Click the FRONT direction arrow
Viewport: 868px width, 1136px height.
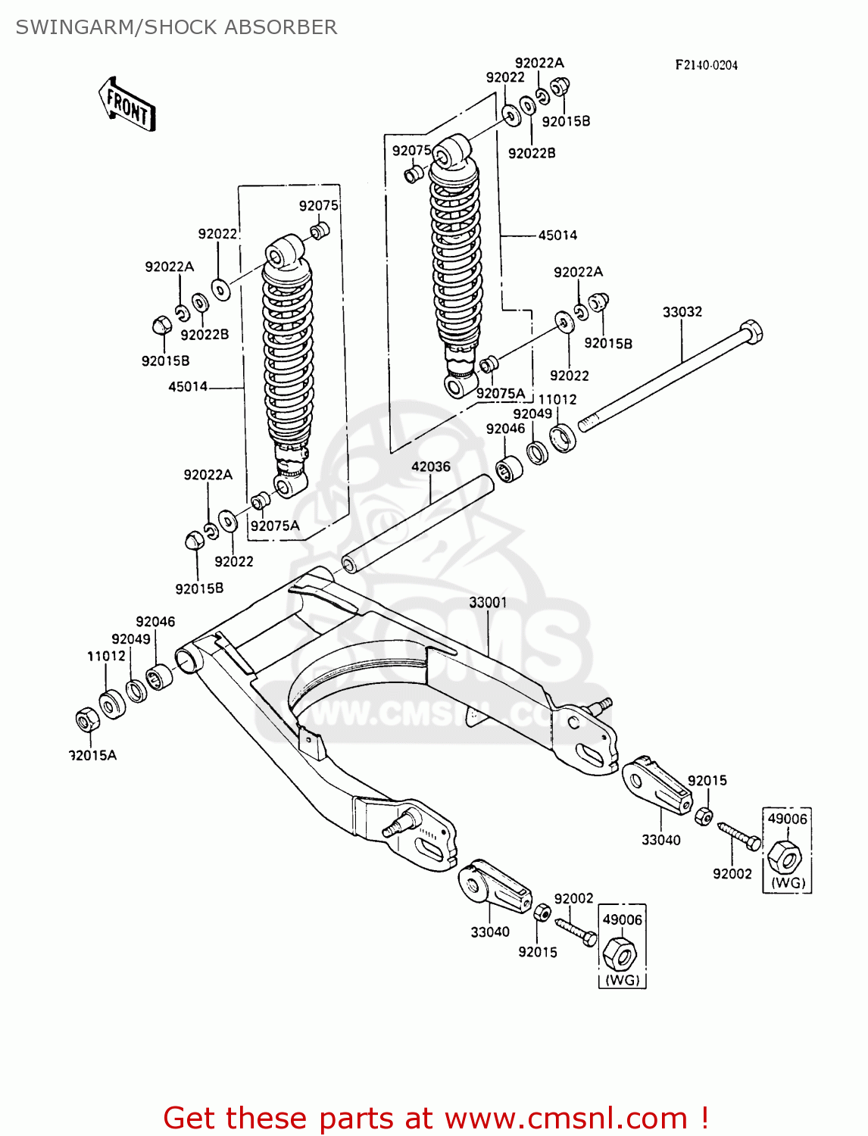[x=127, y=107]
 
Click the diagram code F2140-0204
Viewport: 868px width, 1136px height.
[x=706, y=65]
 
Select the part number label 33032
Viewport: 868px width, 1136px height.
[x=682, y=311]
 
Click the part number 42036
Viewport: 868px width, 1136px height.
[x=430, y=467]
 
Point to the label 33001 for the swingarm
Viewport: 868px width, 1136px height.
[x=488, y=602]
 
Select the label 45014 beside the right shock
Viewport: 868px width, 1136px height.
[x=557, y=235]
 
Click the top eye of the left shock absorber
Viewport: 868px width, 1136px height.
[x=282, y=252]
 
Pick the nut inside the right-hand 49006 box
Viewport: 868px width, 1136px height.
[x=785, y=857]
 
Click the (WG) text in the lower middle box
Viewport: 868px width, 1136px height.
[x=622, y=980]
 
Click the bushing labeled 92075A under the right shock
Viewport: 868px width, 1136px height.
[x=488, y=365]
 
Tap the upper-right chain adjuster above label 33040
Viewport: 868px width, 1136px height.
[x=656, y=785]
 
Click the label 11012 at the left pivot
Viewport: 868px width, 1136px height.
[x=106, y=656]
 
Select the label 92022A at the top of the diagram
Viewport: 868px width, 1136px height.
[x=539, y=63]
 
